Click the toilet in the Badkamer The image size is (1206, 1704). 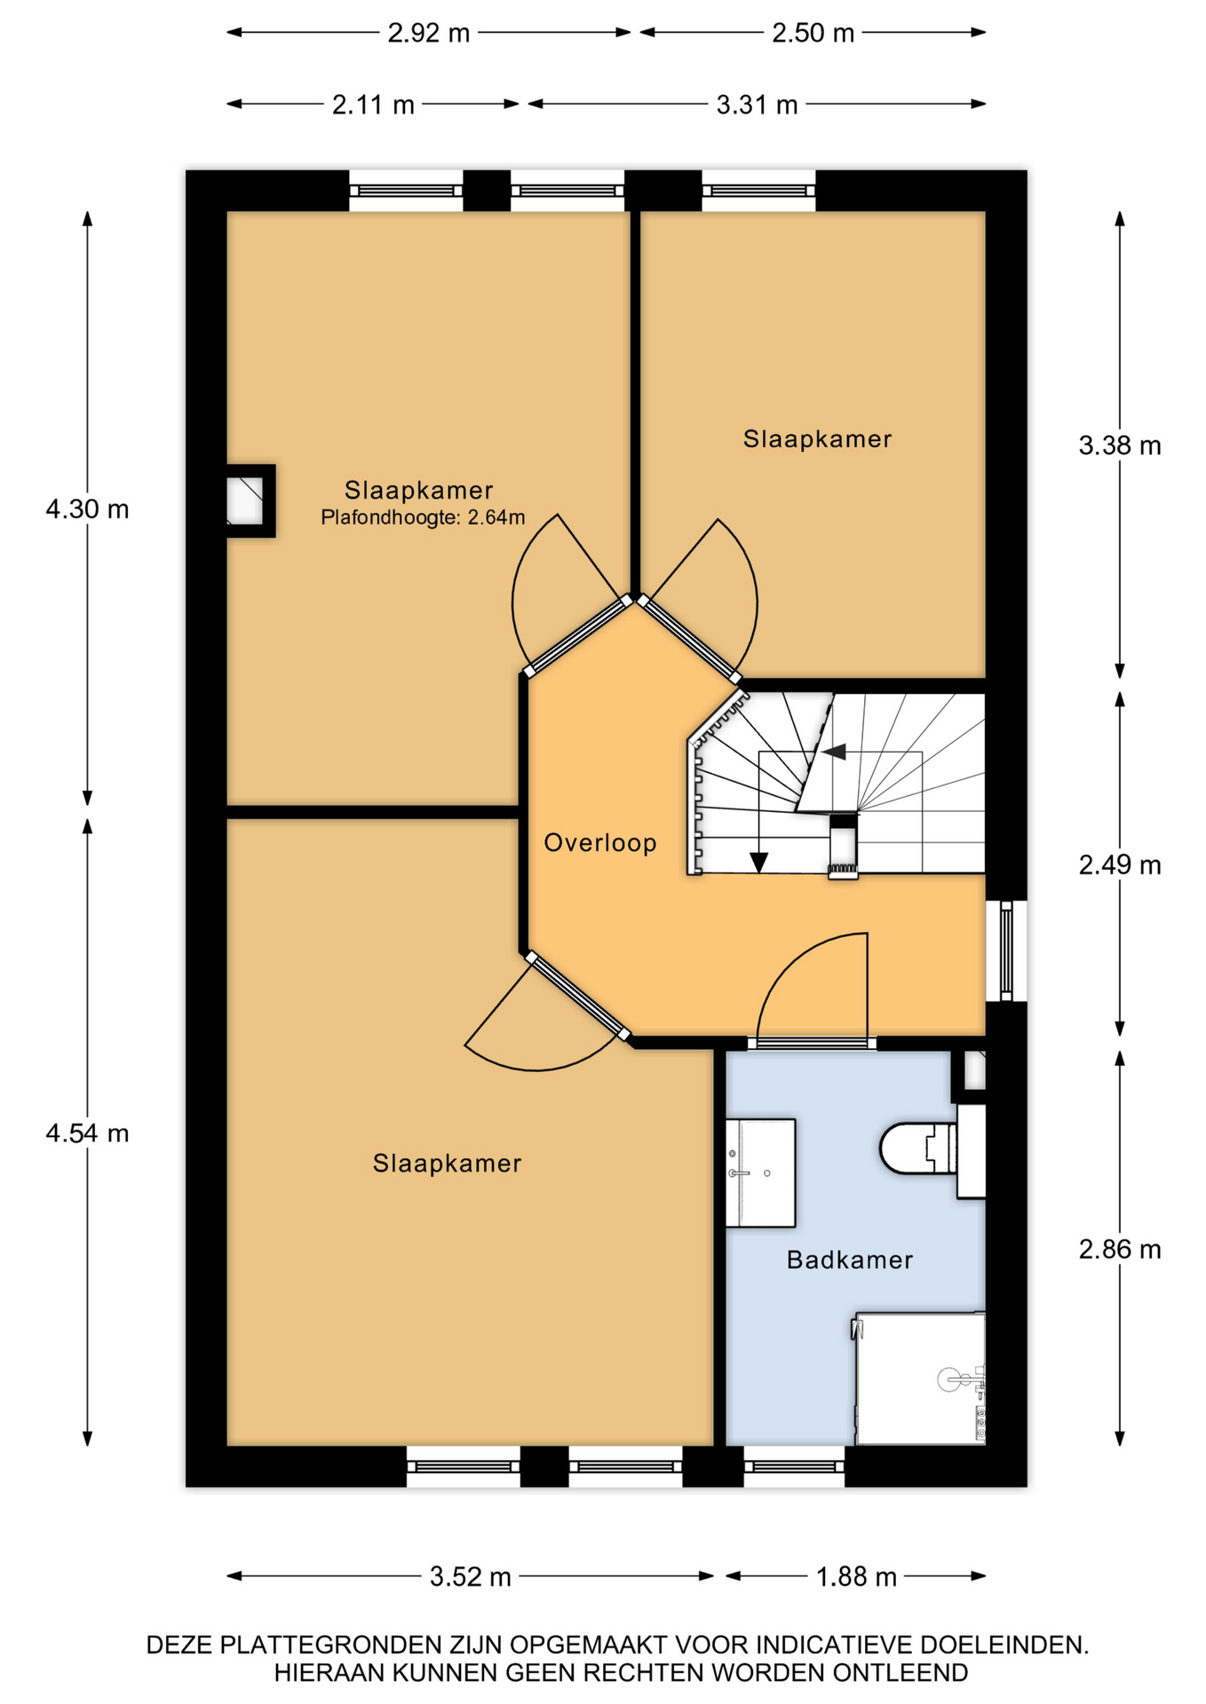919,1149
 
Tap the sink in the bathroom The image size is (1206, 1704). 760,1173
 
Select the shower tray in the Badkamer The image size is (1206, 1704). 920,1378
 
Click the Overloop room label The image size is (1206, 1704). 600,843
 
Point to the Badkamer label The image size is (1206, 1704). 850,1260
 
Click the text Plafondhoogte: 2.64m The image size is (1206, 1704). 423,517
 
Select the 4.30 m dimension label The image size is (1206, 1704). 87,509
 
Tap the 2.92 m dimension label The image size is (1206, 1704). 429,33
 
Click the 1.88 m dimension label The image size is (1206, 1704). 856,1577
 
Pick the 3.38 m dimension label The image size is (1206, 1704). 1120,446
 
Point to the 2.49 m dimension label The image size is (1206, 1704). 1120,864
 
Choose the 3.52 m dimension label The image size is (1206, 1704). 471,1577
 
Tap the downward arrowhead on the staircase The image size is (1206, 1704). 758,863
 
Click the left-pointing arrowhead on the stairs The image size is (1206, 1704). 833,753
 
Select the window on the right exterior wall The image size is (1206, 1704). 1006,951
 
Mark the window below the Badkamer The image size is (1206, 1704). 794,1466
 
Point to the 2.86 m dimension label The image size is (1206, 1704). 1120,1250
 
